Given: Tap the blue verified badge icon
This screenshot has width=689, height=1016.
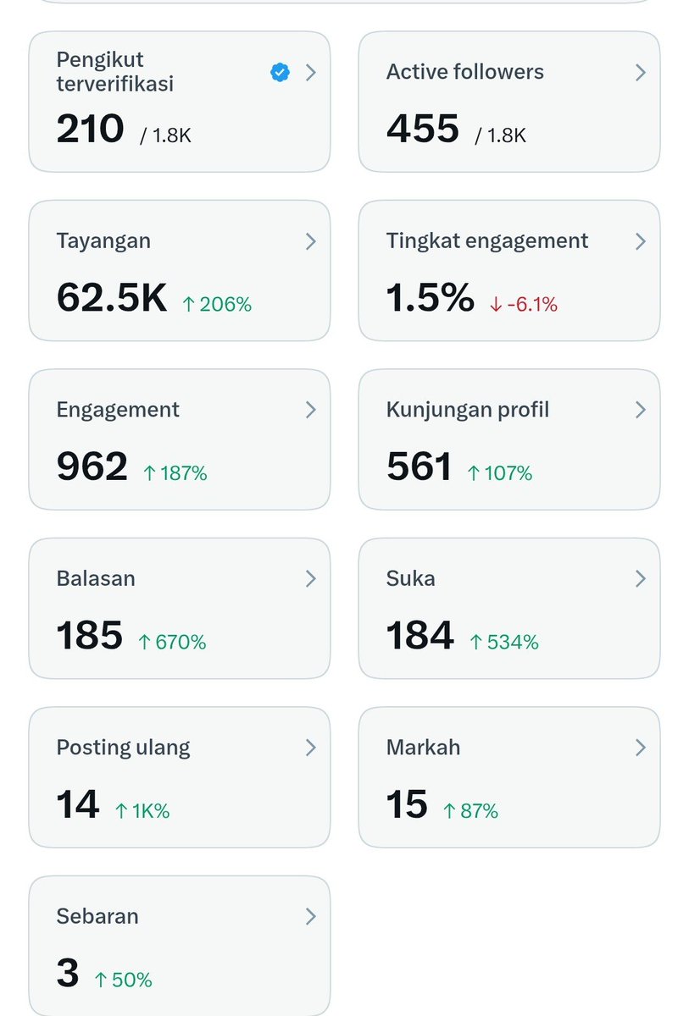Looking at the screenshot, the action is click(280, 72).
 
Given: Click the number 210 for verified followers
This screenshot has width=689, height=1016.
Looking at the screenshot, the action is click(91, 129).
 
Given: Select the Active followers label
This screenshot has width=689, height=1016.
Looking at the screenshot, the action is click(464, 72).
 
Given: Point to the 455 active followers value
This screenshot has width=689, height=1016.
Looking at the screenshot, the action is click(423, 129).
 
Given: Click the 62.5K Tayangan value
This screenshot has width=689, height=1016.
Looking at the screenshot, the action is click(112, 297).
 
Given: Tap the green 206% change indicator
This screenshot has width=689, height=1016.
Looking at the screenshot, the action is click(217, 304).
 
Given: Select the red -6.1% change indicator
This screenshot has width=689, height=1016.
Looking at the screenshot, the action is click(524, 304).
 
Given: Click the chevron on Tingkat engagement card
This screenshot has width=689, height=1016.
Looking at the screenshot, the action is click(641, 241).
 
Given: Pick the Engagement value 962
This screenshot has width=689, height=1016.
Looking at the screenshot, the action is click(92, 467).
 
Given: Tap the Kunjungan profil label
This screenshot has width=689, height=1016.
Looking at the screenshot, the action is click(468, 410).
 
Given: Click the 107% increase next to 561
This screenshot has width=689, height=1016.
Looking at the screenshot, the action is click(500, 473).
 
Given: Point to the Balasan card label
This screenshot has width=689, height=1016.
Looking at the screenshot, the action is click(96, 578).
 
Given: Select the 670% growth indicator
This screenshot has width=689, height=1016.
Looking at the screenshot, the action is click(172, 642).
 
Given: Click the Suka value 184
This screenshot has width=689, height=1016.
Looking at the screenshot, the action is click(420, 635).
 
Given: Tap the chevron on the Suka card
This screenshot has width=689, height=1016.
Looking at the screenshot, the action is click(641, 579).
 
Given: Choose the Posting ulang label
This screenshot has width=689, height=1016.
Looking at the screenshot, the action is click(123, 748).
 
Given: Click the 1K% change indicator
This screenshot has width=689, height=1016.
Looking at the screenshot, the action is click(142, 810).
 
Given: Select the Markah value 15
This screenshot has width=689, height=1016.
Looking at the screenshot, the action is click(407, 804).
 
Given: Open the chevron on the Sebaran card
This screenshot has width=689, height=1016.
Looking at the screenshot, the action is click(310, 916).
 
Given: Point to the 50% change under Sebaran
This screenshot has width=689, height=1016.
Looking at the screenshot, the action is click(123, 980).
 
